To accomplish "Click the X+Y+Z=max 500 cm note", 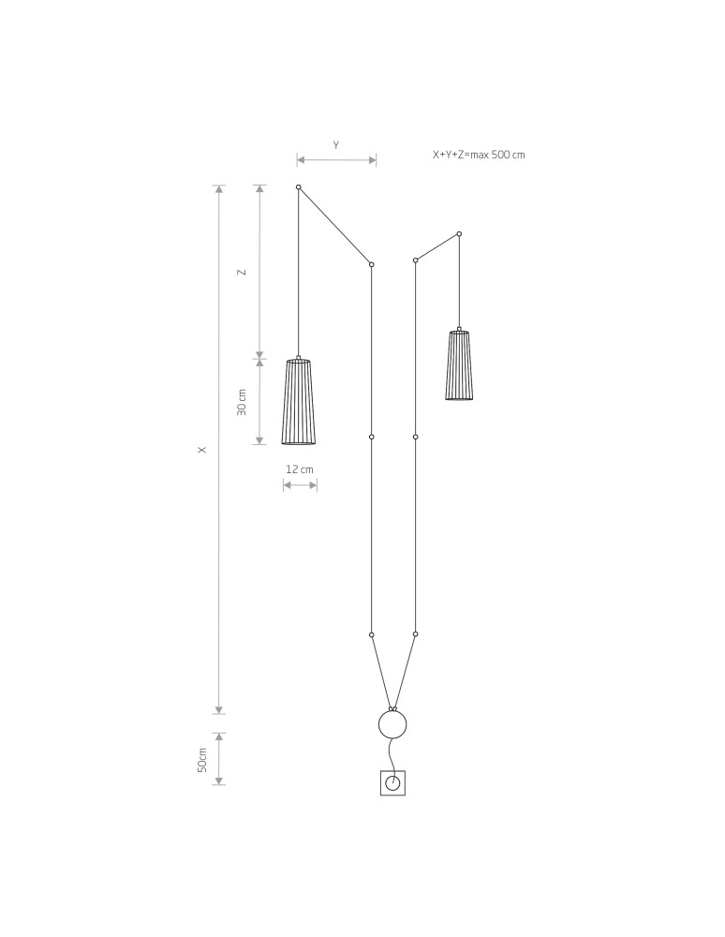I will click(x=478, y=155).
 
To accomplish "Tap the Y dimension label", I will click(x=336, y=145).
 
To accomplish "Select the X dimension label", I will click(x=201, y=450).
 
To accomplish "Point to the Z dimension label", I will click(x=243, y=272).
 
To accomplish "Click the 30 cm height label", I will click(x=243, y=402).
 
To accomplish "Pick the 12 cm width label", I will click(x=300, y=468).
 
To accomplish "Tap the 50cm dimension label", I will click(x=202, y=759).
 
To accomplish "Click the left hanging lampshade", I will click(x=298, y=402).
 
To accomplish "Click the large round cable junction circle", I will click(x=392, y=724).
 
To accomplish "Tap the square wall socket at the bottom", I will click(x=392, y=782).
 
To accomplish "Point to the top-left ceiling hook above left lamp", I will click(x=298, y=187).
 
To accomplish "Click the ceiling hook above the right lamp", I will click(x=459, y=233).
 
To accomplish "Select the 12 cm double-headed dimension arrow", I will click(x=300, y=485).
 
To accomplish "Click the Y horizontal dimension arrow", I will click(x=336, y=160).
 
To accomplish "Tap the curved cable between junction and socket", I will click(x=391, y=753).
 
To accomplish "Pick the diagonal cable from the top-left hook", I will click(x=334, y=226).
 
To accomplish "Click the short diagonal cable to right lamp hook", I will click(x=436, y=247).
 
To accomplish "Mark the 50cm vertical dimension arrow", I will click(x=218, y=759).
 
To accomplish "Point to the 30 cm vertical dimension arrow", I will click(x=259, y=402).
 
